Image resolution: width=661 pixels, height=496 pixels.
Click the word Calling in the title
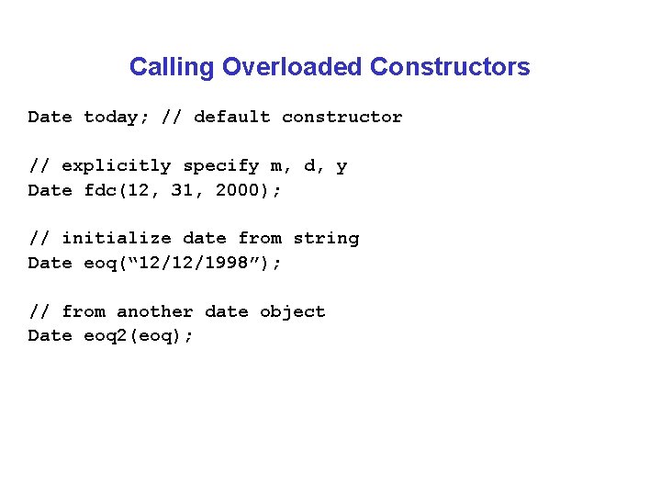coord(173,67)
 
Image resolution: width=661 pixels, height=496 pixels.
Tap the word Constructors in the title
coord(450,67)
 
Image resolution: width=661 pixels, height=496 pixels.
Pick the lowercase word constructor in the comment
coord(342,117)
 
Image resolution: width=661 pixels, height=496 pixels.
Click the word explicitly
coord(116,166)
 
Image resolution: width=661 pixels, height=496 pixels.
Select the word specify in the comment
coord(220,166)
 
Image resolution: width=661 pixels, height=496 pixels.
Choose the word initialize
coord(116,239)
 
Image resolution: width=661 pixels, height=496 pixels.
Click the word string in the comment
coord(326,239)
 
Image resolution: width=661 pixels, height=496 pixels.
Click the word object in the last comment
coord(292,311)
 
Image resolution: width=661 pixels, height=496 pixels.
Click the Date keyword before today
coord(50,117)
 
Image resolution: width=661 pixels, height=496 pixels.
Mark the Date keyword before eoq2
coord(50,335)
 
